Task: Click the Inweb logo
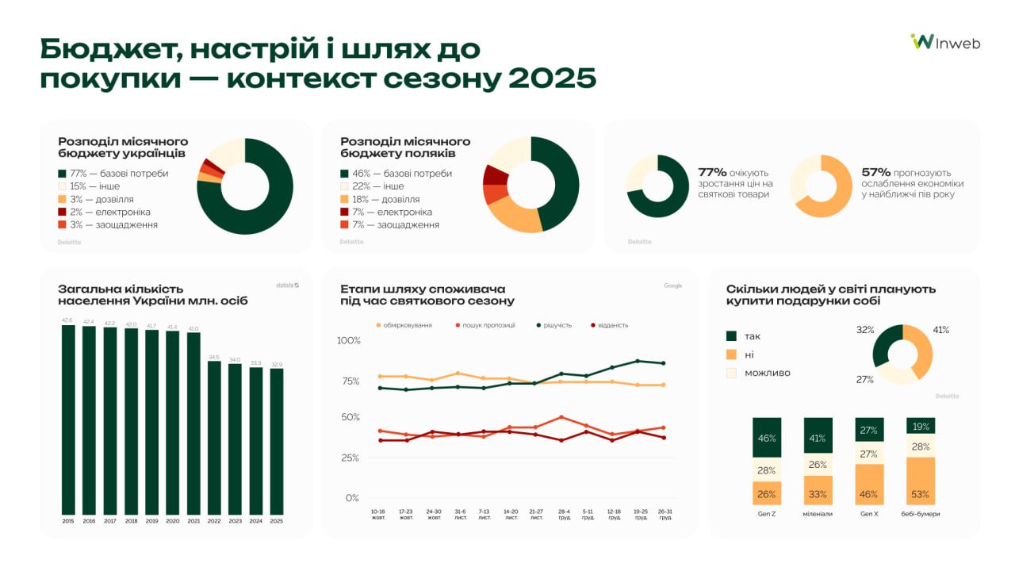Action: point(945,42)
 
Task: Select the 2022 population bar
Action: point(214,437)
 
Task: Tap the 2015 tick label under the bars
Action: point(68,521)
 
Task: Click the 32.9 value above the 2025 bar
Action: point(276,364)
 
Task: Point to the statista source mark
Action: point(287,285)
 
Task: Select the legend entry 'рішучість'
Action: point(554,325)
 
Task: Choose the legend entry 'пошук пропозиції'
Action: point(487,325)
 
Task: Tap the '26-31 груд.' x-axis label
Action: point(665,514)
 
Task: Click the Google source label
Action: point(672,285)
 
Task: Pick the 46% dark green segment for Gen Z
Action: point(767,438)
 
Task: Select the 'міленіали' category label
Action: point(818,514)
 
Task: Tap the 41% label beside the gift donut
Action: point(940,330)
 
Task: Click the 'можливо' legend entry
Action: point(767,373)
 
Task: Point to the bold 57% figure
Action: point(876,172)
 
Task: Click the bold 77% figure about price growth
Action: point(712,172)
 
